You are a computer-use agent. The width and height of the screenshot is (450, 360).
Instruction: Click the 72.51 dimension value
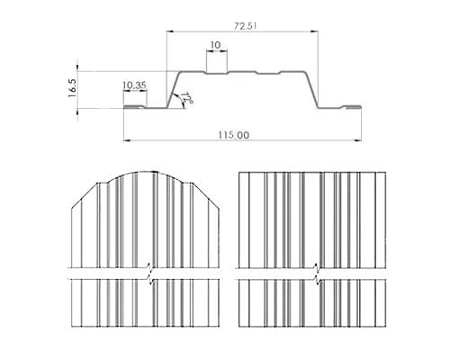245,26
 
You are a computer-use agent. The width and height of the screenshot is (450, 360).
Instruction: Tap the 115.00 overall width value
233,135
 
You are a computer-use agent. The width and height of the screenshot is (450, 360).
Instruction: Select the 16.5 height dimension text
73,88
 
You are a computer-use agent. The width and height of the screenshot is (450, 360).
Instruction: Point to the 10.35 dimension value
134,85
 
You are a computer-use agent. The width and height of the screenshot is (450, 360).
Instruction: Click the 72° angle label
186,99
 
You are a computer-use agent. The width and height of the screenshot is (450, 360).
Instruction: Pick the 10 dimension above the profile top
215,45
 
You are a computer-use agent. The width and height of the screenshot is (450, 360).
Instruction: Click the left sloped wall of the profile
174,89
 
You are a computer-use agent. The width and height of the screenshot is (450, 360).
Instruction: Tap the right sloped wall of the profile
312,89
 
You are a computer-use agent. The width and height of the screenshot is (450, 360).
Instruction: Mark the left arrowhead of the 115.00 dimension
127,140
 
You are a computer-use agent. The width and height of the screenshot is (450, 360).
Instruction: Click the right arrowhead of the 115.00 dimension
358,140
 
